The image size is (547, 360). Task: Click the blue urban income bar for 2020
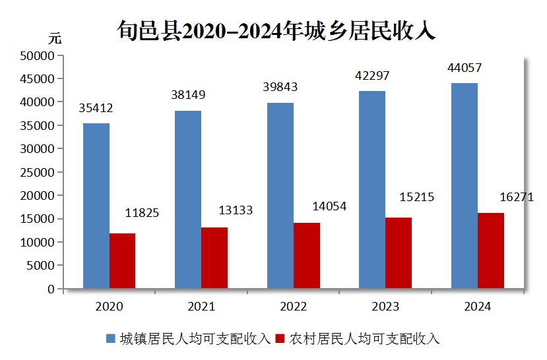(x=96, y=206)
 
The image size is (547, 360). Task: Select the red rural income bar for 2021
(x=214, y=258)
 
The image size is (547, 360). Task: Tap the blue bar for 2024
(x=465, y=185)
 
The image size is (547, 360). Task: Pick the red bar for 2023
(x=399, y=253)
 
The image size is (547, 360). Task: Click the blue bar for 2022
(x=280, y=195)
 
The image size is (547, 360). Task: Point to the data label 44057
(x=465, y=67)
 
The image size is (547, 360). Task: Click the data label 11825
(x=142, y=213)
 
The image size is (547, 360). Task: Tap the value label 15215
(x=417, y=197)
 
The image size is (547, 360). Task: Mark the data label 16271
(x=516, y=197)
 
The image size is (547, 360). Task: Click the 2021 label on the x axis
(x=201, y=307)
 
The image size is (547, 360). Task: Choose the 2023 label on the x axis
(x=385, y=307)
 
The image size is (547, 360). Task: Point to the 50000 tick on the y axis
(x=37, y=56)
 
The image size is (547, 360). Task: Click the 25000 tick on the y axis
(x=37, y=173)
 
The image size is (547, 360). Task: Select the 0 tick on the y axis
(x=51, y=289)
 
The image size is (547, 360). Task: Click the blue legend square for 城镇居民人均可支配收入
(x=111, y=339)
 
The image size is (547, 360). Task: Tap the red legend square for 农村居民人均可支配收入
(x=279, y=339)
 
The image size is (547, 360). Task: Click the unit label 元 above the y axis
(x=55, y=38)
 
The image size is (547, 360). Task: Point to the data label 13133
(x=236, y=210)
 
